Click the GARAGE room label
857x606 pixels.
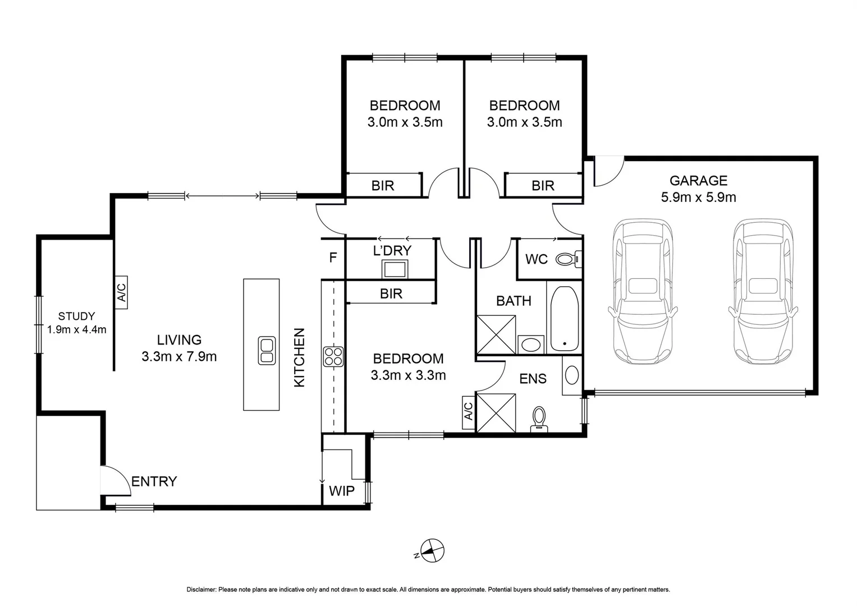[698, 181]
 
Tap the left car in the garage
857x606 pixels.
[642, 291]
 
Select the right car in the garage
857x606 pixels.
[763, 291]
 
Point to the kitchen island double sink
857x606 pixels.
[267, 351]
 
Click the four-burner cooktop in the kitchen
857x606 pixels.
[333, 357]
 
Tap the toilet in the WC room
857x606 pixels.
[567, 259]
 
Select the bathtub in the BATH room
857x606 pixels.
[563, 319]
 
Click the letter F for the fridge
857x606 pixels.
[333, 258]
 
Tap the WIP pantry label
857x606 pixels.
[341, 491]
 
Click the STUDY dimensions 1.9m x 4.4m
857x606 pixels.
[77, 330]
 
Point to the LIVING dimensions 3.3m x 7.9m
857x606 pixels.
[179, 356]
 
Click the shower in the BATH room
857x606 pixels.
[496, 334]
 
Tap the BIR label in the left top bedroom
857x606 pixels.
[383, 186]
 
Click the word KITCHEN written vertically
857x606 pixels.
[300, 357]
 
